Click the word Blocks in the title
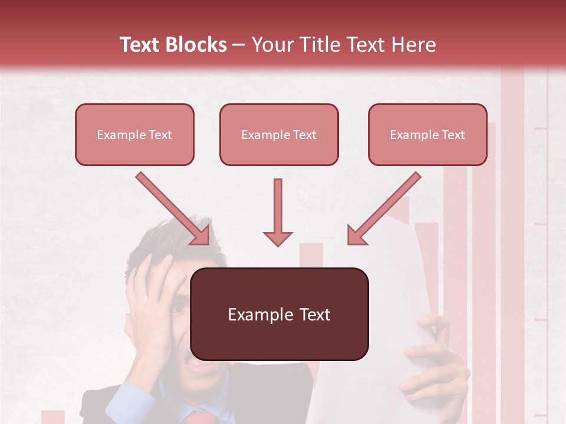pyautogui.click(x=196, y=45)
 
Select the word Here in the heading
pyautogui.click(x=413, y=45)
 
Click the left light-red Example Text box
pyautogui.click(x=134, y=134)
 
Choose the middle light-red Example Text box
pyautogui.click(x=279, y=134)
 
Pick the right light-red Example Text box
pyautogui.click(x=427, y=134)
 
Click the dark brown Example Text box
pyautogui.click(x=279, y=314)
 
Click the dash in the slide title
pyautogui.click(x=239, y=45)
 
